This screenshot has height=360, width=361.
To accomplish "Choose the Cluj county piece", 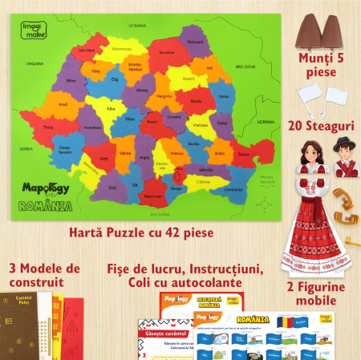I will (x=114, y=80).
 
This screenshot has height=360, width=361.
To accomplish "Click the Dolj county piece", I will (x=112, y=188).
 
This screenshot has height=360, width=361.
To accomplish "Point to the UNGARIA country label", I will (x=34, y=63).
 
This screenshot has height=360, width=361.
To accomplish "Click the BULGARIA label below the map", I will (x=156, y=215).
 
